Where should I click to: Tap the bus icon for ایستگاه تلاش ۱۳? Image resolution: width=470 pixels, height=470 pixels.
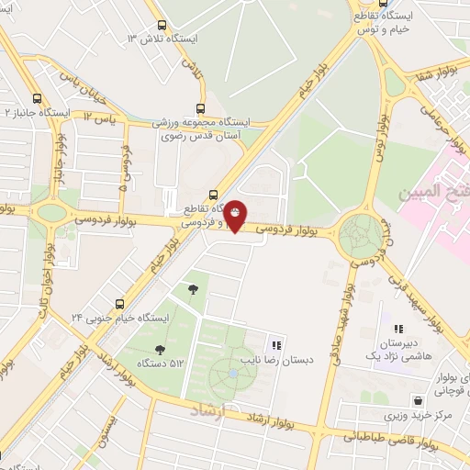tap(162, 26)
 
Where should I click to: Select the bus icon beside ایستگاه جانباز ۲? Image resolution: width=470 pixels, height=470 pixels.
tap(37, 99)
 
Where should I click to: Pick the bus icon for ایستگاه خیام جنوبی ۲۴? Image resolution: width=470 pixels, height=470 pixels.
tap(119, 304)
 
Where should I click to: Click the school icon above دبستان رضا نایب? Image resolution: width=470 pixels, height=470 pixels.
tap(276, 345)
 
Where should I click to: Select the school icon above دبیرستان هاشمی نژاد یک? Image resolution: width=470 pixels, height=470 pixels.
tap(398, 329)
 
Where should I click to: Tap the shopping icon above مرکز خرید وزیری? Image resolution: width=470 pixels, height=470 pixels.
tap(419, 400)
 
